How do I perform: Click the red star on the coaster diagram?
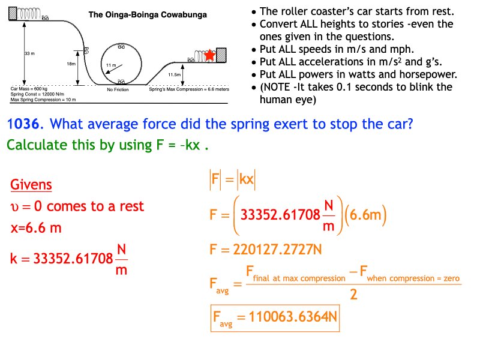click(x=209, y=56)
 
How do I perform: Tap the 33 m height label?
click(x=28, y=54)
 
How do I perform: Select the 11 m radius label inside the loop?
click(x=110, y=64)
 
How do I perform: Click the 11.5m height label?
click(x=175, y=74)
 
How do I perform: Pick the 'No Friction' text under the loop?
click(x=118, y=89)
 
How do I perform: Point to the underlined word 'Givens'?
click(x=31, y=185)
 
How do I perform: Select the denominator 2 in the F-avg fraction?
click(x=353, y=295)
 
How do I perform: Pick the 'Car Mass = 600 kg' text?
click(x=29, y=88)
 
